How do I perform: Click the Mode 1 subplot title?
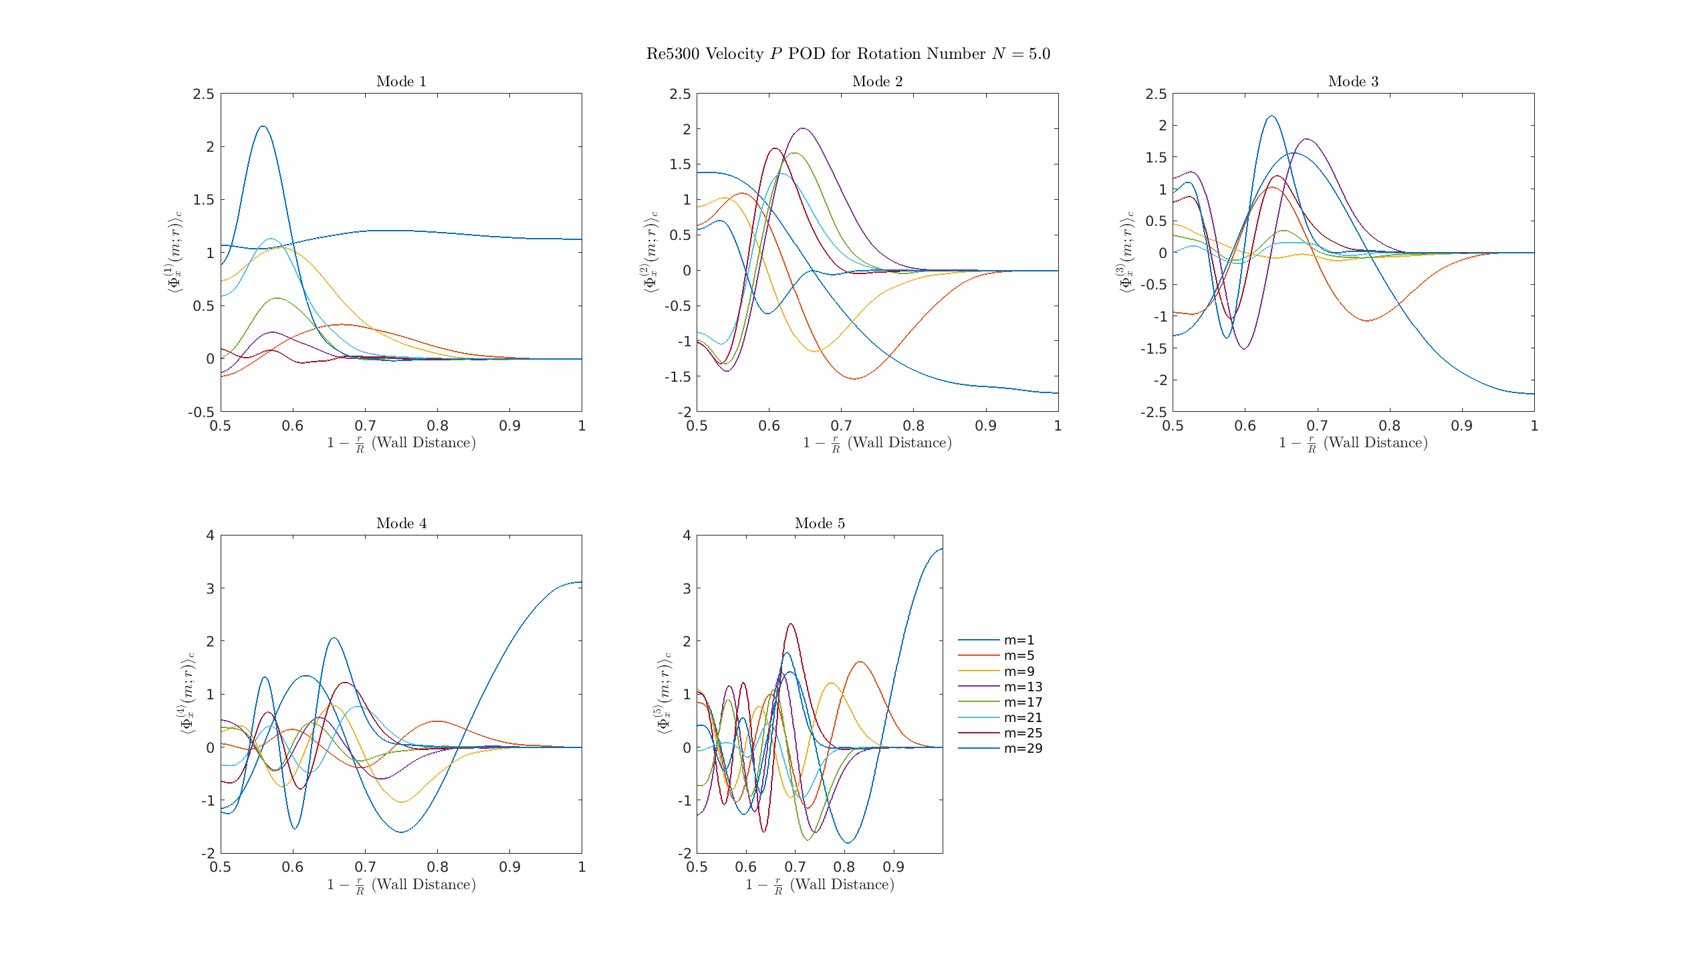(x=401, y=82)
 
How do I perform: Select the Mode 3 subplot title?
(x=1353, y=82)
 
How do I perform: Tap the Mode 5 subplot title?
(x=820, y=523)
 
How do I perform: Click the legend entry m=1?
(x=1019, y=640)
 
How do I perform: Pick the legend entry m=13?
(x=1023, y=687)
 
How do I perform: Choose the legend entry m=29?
(x=1023, y=749)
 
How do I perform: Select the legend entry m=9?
(x=1019, y=671)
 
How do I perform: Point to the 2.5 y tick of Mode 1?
(x=204, y=94)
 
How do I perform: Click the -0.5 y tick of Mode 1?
(x=201, y=412)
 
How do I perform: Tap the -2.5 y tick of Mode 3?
(x=1153, y=412)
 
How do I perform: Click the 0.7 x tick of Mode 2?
(x=841, y=426)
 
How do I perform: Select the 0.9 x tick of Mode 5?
(x=893, y=867)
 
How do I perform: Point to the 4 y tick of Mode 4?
(x=210, y=535)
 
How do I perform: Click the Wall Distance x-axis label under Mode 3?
(x=1353, y=443)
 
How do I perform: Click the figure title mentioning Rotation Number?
(x=848, y=54)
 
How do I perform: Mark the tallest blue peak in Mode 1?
(x=263, y=126)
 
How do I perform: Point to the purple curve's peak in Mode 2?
(x=802, y=128)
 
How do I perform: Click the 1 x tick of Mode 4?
(x=582, y=867)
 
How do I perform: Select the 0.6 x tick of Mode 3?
(x=1245, y=426)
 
